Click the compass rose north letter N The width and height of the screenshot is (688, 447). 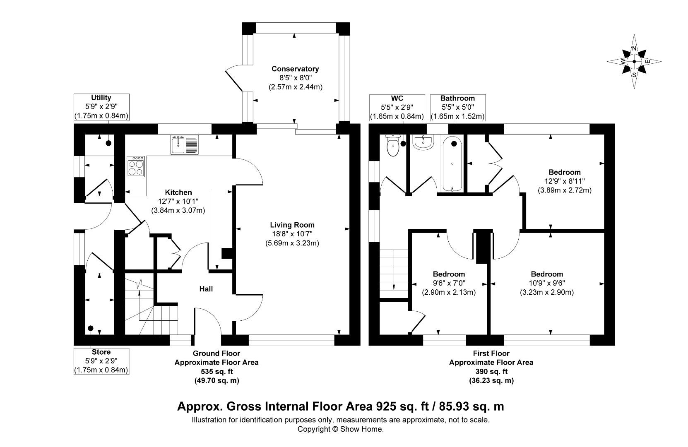click(x=634, y=48)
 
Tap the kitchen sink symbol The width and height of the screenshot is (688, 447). click(x=184, y=145)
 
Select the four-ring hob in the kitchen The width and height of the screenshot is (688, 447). click(x=136, y=166)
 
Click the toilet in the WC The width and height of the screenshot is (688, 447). click(x=393, y=146)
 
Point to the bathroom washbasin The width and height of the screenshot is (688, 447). click(x=423, y=142)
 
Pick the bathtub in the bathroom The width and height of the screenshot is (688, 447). click(x=452, y=163)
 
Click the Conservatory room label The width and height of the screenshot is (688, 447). click(x=295, y=69)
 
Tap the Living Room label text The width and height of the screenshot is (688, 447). click(x=292, y=225)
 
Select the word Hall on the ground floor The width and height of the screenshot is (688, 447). click(x=206, y=289)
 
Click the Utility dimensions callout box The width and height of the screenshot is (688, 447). click(x=101, y=107)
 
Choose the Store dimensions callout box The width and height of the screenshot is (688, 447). click(x=101, y=361)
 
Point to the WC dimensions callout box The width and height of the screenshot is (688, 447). click(x=397, y=108)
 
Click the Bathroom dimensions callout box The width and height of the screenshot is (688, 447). click(x=458, y=108)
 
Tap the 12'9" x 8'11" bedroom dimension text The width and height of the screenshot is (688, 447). click(x=565, y=181)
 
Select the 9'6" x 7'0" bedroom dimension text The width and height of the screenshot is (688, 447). click(x=449, y=283)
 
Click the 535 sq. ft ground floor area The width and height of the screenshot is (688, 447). click(x=217, y=372)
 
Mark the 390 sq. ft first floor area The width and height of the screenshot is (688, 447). click(x=491, y=372)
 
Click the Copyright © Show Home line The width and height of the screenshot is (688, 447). click(x=341, y=429)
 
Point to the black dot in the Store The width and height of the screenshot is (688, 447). click(x=90, y=328)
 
